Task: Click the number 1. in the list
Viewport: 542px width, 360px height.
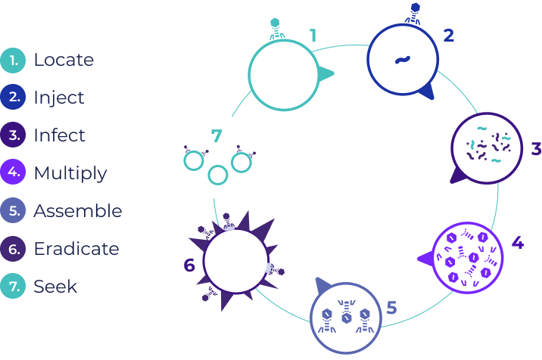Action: click(x=14, y=59)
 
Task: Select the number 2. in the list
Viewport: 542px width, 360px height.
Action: click(x=14, y=97)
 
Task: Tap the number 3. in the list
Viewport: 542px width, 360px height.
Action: click(x=14, y=135)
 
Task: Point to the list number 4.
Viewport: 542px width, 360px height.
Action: click(x=14, y=172)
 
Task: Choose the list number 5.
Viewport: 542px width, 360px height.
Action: click(x=14, y=210)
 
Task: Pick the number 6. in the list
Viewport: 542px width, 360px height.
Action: click(x=14, y=248)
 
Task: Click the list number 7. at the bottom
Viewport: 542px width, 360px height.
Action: click(x=14, y=286)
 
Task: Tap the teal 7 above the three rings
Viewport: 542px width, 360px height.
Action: click(x=217, y=137)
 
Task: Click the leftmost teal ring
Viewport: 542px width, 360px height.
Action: click(x=195, y=160)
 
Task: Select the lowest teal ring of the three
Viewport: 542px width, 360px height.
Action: click(x=218, y=175)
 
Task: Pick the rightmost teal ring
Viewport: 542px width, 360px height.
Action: click(x=241, y=162)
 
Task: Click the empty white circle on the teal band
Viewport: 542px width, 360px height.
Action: click(x=283, y=74)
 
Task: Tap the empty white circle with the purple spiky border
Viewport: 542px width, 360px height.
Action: click(x=235, y=261)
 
